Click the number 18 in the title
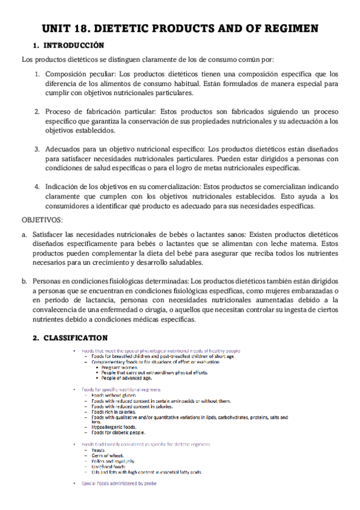(x=88, y=28)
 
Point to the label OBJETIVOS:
(x=42, y=221)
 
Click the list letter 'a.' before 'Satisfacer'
(x=24, y=234)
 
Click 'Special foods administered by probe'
(x=119, y=483)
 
